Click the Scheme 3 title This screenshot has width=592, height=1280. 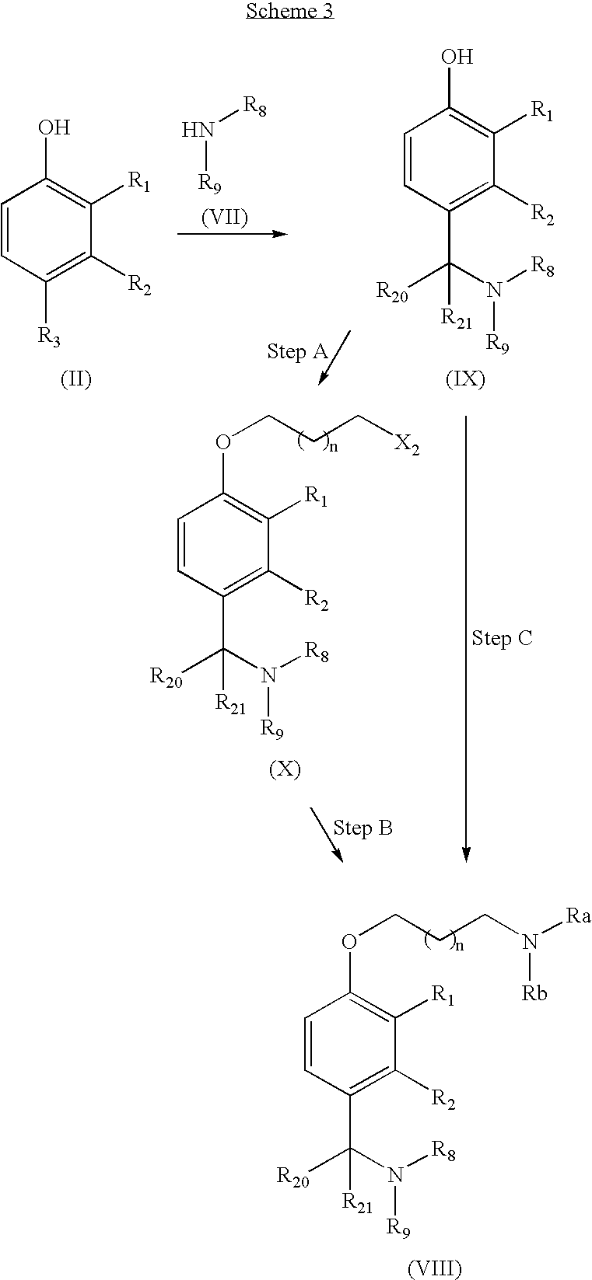pyautogui.click(x=290, y=12)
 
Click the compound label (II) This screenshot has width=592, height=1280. pyautogui.click(x=76, y=378)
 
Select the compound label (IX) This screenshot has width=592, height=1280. pyautogui.click(x=465, y=378)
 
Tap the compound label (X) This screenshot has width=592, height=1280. pyautogui.click(x=285, y=769)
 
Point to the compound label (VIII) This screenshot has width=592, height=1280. pyautogui.click(x=435, y=1268)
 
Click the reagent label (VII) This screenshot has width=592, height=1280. pyautogui.click(x=225, y=217)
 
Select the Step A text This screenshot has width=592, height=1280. pyautogui.click(x=297, y=351)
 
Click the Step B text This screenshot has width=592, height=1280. pyautogui.click(x=363, y=828)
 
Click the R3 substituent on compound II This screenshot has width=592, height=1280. pyautogui.click(x=49, y=337)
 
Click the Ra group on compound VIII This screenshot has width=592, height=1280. pyautogui.click(x=578, y=916)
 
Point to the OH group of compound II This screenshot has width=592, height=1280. pyautogui.click(x=54, y=127)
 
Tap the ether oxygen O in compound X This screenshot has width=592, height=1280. pyautogui.click(x=223, y=441)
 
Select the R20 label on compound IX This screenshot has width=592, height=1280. pyautogui.click(x=392, y=291)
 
